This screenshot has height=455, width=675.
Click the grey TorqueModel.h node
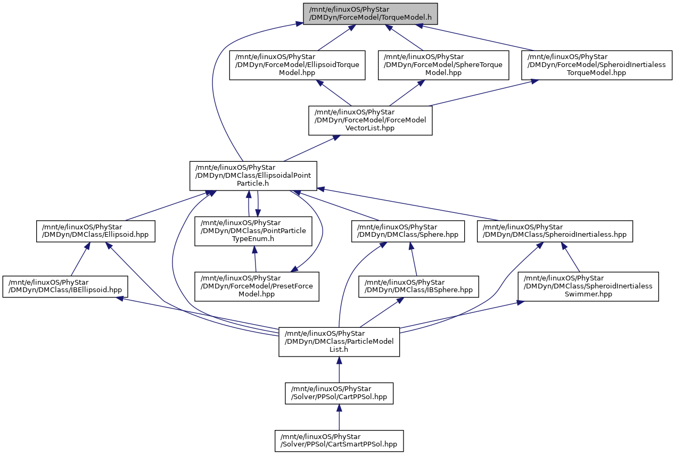[371, 14]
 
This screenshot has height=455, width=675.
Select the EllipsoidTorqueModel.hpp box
[297, 65]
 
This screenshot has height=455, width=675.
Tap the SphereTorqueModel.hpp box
[443, 65]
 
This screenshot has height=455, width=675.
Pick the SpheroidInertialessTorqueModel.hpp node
[597, 65]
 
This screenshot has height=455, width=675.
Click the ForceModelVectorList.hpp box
[370, 120]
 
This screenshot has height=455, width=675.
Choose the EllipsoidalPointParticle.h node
[253, 176]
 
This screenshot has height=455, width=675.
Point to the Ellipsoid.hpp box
[95, 231]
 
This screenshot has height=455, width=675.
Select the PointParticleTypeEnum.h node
[253, 231]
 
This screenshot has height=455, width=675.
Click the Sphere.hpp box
[408, 231]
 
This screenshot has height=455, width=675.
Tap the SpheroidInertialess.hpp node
[555, 231]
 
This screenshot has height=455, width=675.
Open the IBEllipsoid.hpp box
[65, 286]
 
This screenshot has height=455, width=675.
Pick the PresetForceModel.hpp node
[257, 286]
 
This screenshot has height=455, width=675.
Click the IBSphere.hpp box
[418, 286]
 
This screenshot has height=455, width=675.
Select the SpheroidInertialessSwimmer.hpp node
[588, 286]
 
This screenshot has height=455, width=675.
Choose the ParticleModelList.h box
[339, 342]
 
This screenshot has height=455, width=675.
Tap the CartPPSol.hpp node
[339, 393]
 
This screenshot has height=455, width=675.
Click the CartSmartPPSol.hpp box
[339, 441]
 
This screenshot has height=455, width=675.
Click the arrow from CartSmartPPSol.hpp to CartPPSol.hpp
[339, 417]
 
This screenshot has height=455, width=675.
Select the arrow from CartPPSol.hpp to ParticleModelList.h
[339, 370]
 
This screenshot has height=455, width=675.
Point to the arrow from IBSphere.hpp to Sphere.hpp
[413, 259]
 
